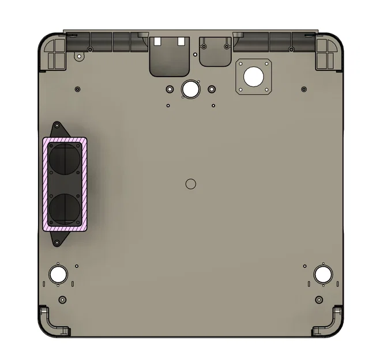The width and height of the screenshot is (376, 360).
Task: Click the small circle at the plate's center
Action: click(x=191, y=183)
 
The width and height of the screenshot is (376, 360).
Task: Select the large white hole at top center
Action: click(x=189, y=89)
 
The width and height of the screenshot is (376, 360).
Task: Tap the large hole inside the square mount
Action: click(x=253, y=75)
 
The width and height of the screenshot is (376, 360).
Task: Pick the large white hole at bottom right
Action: click(x=322, y=274)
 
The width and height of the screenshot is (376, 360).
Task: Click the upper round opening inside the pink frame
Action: click(x=65, y=158)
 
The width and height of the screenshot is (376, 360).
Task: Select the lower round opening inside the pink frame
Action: click(x=65, y=208)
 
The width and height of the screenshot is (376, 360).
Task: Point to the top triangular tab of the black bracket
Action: click(x=58, y=128)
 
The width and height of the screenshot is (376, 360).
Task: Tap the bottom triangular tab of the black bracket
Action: click(x=58, y=239)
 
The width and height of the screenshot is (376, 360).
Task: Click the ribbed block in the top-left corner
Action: click(x=56, y=54)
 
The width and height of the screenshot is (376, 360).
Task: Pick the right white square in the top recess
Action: click(x=181, y=41)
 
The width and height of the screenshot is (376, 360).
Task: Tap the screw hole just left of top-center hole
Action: click(x=169, y=90)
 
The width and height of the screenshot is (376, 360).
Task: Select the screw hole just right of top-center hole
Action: click(x=212, y=89)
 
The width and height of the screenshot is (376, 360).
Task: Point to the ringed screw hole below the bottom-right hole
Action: click(x=319, y=300)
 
